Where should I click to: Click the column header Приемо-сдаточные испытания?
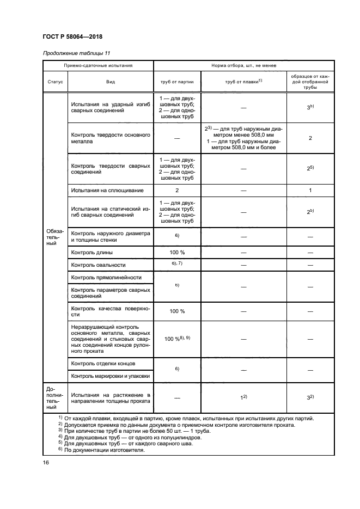tap(98, 65)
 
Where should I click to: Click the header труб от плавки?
tap(243, 82)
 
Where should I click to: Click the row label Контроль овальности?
tap(99, 265)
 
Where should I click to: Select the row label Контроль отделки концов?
tap(103, 363)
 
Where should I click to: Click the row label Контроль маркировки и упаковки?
tap(110, 376)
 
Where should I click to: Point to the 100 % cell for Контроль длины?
tap(177, 253)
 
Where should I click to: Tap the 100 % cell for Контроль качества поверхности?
tap(177, 311)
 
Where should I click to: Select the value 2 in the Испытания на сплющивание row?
tap(177, 191)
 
